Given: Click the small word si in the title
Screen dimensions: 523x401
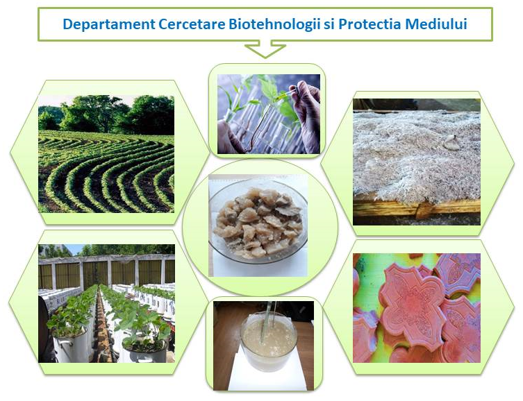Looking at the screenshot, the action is click(329, 25).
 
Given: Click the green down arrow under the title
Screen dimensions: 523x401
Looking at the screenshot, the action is click(265, 49).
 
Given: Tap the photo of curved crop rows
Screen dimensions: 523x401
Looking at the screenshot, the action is click(106, 154).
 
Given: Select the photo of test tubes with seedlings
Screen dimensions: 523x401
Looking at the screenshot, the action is click(269, 114).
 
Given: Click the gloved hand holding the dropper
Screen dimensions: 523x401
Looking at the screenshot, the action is click(308, 113).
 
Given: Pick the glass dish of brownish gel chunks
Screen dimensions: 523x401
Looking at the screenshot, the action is click(258, 221).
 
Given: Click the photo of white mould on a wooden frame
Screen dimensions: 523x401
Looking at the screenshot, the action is click(417, 162).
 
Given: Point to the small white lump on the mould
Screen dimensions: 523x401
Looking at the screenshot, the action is click(450, 142).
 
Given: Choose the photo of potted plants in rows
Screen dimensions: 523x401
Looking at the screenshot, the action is click(106, 303).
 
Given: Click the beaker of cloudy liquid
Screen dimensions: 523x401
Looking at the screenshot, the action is click(269, 342).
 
